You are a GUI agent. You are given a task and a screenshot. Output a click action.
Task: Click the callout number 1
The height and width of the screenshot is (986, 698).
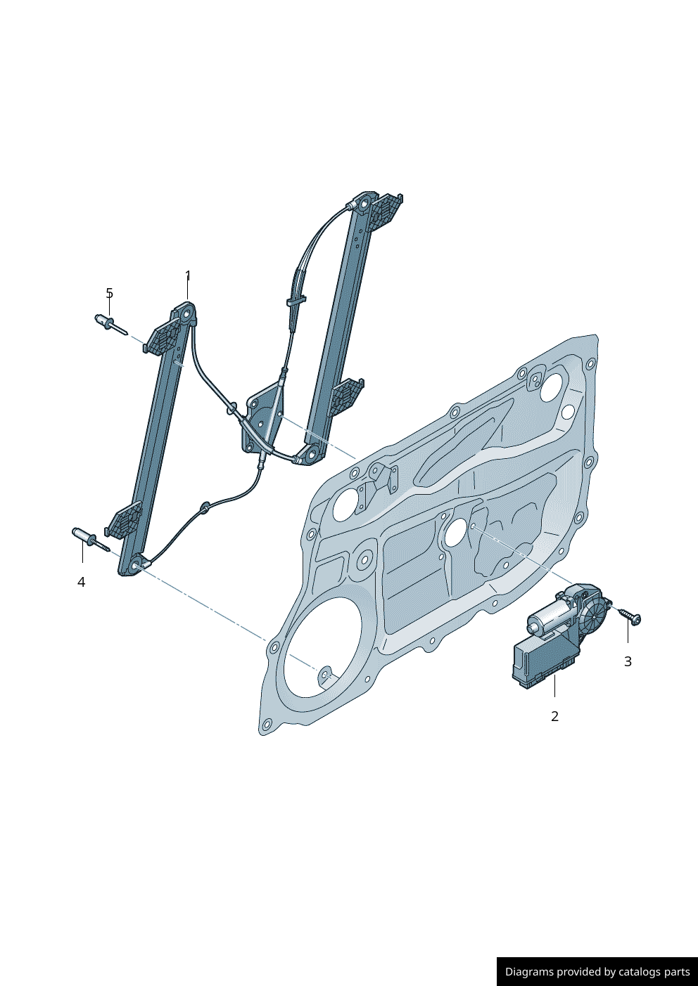pyautogui.click(x=188, y=275)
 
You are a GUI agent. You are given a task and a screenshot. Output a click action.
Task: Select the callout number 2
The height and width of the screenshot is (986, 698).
pyautogui.click(x=554, y=716)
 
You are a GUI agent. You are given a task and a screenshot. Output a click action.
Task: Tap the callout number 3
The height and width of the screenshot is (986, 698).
pyautogui.click(x=628, y=661)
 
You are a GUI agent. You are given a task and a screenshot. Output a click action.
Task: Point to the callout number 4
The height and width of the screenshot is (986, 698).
pyautogui.click(x=82, y=582)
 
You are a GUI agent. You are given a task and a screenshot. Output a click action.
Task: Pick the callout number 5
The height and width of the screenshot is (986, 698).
pyautogui.click(x=109, y=293)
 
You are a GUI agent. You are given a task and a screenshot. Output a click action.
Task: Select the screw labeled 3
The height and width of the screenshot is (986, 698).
pyautogui.click(x=630, y=616)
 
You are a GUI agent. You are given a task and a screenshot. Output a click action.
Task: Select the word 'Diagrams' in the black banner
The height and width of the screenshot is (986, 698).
pyautogui.click(x=529, y=972)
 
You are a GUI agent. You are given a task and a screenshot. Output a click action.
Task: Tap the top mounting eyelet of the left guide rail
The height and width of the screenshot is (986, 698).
pyautogui.click(x=187, y=314)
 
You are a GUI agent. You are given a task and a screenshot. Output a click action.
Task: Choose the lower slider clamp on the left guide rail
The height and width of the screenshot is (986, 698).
pyautogui.click(x=125, y=521)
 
